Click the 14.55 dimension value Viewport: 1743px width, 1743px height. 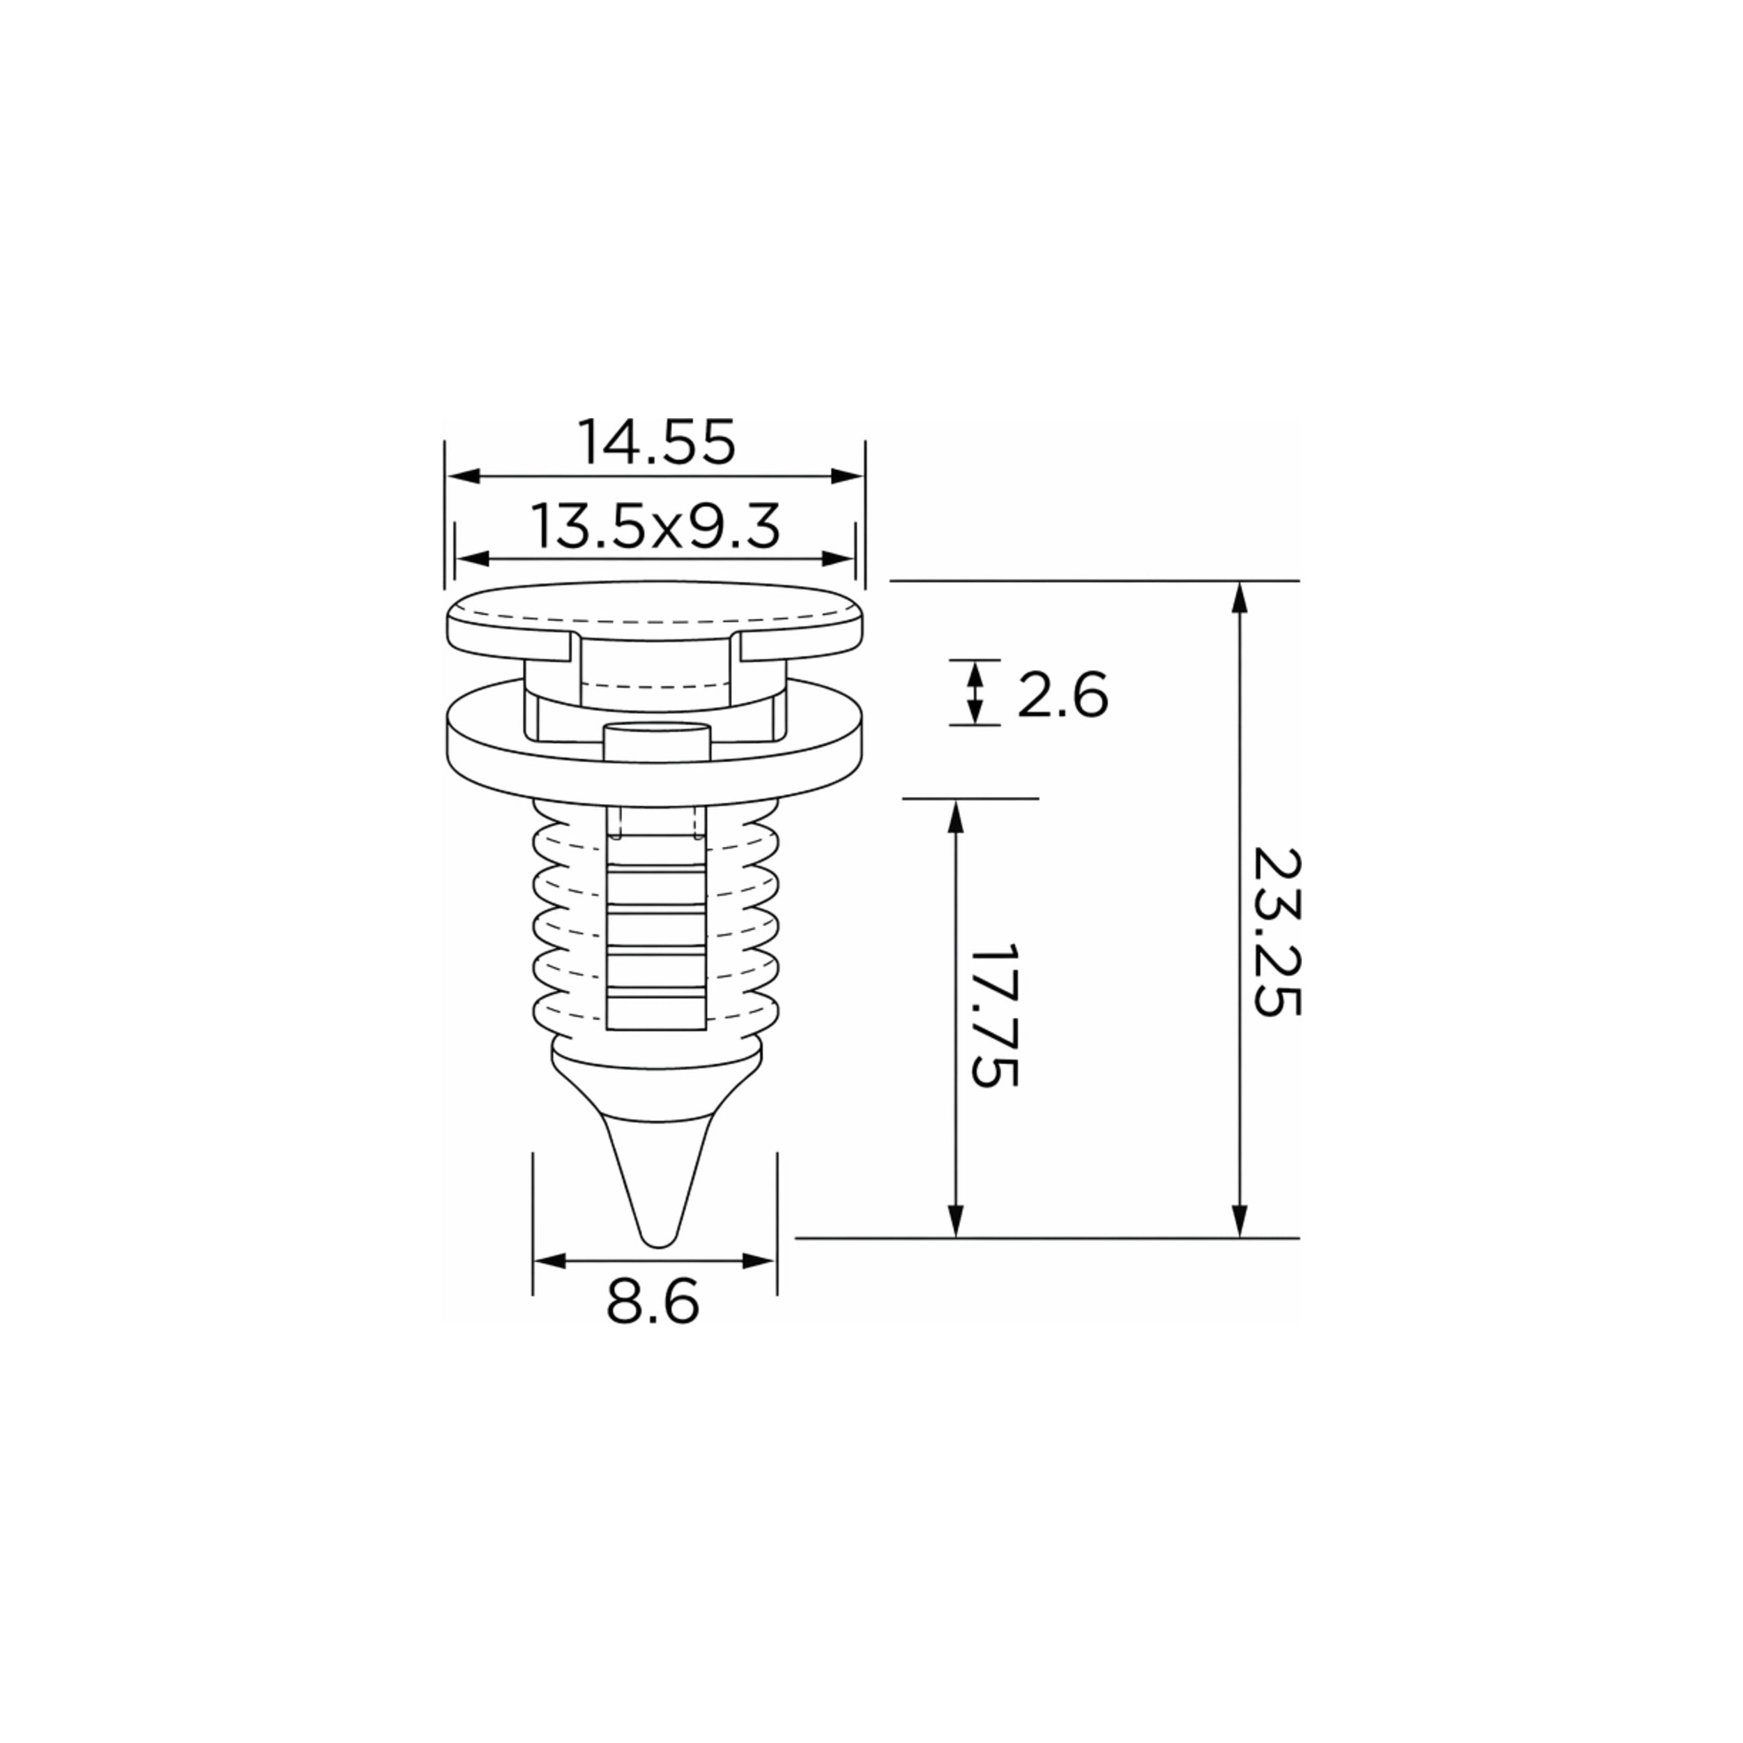click(657, 442)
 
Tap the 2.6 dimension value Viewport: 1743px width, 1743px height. click(1062, 696)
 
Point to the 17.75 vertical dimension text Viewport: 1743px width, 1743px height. click(994, 1016)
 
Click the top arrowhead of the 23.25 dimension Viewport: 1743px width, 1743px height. click(1240, 598)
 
